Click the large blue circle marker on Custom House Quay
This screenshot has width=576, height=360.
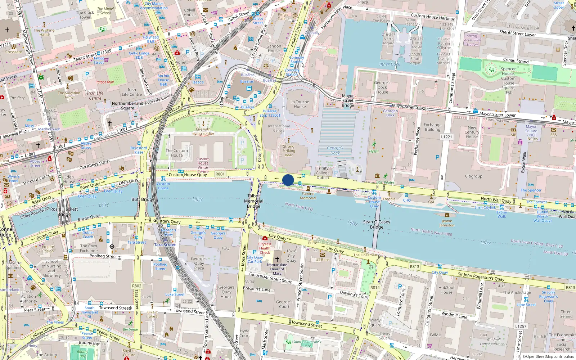click(288, 180)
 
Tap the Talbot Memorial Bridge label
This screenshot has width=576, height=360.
click(253, 201)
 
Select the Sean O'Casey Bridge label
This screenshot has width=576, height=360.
click(377, 224)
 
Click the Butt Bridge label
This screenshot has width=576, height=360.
click(143, 199)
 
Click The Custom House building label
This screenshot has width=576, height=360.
click(176, 153)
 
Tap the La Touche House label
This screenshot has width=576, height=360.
click(300, 104)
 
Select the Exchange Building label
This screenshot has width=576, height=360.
click(432, 127)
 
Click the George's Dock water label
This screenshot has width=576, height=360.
click(335, 150)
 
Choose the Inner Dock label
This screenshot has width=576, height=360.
click(390, 64)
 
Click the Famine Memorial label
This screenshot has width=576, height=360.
click(308, 196)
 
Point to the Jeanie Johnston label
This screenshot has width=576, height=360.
click(447, 223)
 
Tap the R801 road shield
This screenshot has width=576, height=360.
click(220, 174)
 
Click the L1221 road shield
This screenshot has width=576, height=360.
click(446, 137)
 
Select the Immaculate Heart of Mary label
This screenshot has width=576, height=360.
click(277, 269)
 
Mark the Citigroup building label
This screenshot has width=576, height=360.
click(473, 176)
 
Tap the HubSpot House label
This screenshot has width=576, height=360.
click(446, 290)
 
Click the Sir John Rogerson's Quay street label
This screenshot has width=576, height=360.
click(481, 276)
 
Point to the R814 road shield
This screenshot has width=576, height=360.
click(375, 288)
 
